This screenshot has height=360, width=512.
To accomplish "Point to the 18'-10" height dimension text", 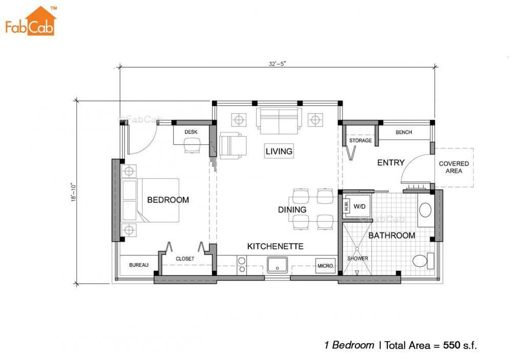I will point(74,190).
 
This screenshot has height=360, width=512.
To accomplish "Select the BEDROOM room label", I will point(168,200).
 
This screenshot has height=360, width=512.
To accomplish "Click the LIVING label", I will point(279,151).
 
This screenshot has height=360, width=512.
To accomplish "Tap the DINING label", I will point(292,209).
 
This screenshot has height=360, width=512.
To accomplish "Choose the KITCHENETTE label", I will point(275,246).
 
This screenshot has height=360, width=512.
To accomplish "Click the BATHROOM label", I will point(392,236).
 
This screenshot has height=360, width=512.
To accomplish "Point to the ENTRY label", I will point(391,163).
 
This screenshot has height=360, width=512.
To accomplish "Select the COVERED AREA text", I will point(454,167).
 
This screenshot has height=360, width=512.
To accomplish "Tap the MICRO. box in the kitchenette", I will point(326,266).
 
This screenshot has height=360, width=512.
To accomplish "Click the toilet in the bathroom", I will point(421,261).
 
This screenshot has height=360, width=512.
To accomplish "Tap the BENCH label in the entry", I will point(403,133).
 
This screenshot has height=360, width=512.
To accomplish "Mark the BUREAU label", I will point(138,265).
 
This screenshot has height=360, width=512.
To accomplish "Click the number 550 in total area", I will point(453,345).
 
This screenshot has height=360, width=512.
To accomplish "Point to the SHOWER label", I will point(357,259).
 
